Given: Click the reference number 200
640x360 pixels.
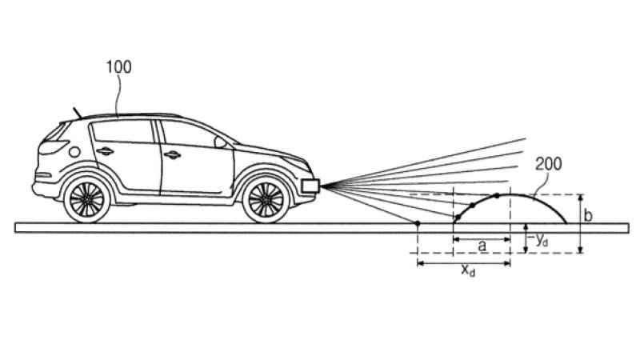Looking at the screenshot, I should pyautogui.click(x=548, y=165).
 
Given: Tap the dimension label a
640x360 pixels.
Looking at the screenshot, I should pyautogui.click(x=482, y=246).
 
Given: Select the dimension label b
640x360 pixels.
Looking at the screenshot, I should pyautogui.click(x=589, y=216).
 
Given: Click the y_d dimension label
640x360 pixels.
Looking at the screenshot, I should pyautogui.click(x=541, y=240).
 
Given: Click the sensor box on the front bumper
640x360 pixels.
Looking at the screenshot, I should pyautogui.click(x=310, y=186).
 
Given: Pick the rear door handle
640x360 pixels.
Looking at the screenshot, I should pyautogui.click(x=105, y=153).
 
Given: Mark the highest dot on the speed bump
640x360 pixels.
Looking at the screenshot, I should pyautogui.click(x=498, y=196).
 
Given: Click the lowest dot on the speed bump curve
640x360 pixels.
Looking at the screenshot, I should pyautogui.click(x=457, y=218).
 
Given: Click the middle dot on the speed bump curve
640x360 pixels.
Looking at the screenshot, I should pyautogui.click(x=473, y=206).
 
